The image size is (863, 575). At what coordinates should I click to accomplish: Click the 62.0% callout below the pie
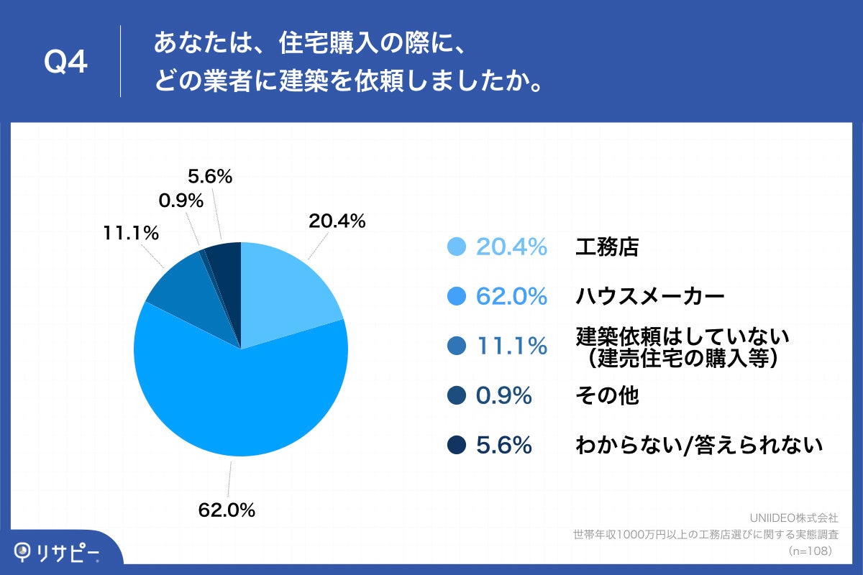227,511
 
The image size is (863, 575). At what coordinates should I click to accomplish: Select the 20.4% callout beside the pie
337,221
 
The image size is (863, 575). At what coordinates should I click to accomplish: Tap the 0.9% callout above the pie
181,201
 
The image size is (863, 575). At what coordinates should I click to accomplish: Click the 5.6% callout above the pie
209,176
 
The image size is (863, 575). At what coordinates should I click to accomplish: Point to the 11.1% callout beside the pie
130,233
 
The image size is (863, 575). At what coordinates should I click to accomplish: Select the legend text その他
607,395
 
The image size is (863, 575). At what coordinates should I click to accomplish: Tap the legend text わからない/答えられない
698,446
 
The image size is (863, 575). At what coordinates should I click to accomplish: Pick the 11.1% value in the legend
511,346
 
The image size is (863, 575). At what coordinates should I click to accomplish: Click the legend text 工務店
607,247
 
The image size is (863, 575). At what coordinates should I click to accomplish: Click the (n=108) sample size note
811,551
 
